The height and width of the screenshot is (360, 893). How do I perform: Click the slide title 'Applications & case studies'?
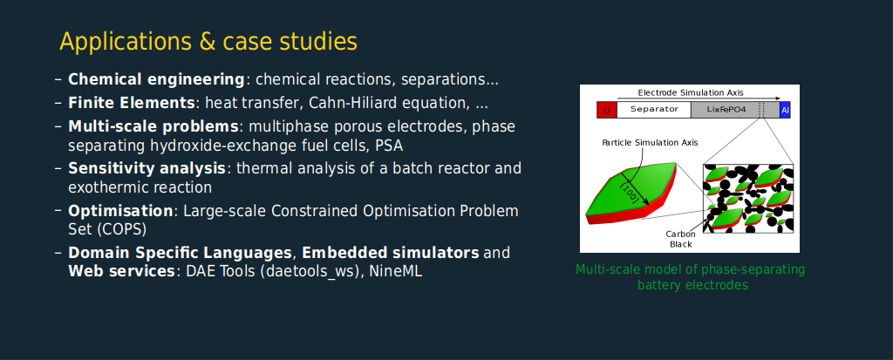(208, 42)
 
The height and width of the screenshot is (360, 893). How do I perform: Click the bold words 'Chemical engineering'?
(157, 79)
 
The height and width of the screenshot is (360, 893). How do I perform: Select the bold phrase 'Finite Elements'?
(132, 103)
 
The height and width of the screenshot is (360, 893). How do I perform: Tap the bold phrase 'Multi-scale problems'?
(153, 126)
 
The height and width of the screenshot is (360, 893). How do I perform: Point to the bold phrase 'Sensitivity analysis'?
(147, 168)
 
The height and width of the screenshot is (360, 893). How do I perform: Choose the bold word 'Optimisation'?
(120, 211)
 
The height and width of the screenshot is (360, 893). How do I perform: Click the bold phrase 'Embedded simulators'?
(391, 252)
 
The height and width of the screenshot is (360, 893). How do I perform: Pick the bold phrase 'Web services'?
(121, 271)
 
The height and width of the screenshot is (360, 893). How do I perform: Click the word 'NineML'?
(396, 272)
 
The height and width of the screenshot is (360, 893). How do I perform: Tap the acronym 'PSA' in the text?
(389, 146)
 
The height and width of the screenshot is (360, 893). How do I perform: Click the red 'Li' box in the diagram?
(606, 110)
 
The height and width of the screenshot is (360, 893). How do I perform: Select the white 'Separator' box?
(653, 110)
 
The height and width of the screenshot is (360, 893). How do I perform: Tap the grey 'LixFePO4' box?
(735, 110)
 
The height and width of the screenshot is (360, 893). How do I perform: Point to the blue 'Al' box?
(786, 110)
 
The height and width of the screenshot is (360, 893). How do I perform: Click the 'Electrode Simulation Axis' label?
(691, 92)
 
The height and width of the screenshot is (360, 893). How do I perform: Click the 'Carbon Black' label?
(680, 239)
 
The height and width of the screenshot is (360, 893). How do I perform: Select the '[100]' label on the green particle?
(629, 191)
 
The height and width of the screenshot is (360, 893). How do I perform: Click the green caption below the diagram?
(691, 277)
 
